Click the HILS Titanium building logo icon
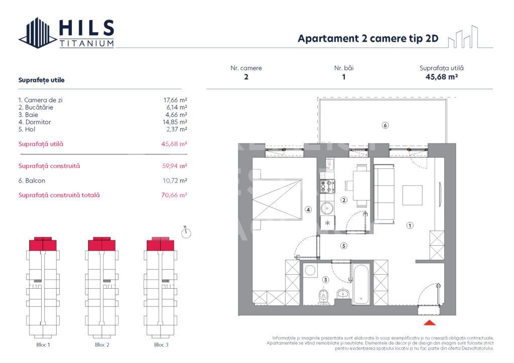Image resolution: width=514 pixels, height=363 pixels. point(38,33)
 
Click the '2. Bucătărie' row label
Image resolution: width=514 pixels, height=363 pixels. point(35,107)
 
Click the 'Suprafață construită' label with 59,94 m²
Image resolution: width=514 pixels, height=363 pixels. point(49,166)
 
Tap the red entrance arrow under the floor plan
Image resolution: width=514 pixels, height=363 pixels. point(430,323)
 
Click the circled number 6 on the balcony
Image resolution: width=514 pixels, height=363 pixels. point(385,125)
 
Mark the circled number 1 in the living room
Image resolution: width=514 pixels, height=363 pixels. point(410,226)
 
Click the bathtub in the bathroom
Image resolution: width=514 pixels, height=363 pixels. point(361,284)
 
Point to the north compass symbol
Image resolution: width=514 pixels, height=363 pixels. point(186,234)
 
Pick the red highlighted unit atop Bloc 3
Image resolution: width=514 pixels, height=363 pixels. point(160,244)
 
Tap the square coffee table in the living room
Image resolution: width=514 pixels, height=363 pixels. point(414,195)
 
